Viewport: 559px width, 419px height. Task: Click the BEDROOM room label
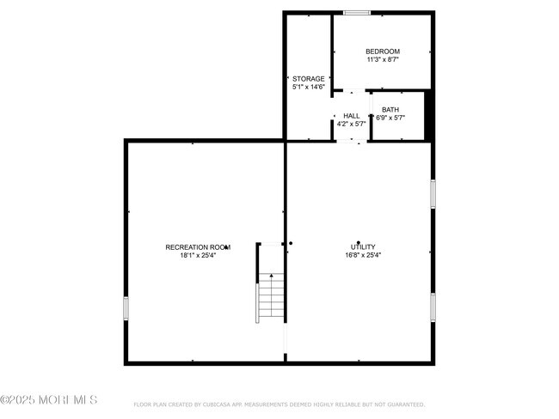click(x=383, y=52)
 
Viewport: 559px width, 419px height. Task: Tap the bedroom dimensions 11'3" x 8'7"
click(x=383, y=60)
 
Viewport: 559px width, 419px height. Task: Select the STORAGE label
click(x=309, y=79)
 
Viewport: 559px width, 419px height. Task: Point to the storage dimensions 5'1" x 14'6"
click(x=309, y=87)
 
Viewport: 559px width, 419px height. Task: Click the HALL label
click(x=351, y=116)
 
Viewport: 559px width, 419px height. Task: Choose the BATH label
click(x=390, y=110)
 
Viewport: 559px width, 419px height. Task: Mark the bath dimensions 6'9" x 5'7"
click(x=390, y=118)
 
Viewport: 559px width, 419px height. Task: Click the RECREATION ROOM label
click(x=198, y=247)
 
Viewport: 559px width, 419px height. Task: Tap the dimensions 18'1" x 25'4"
click(x=198, y=255)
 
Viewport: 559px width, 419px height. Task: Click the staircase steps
click(x=270, y=301)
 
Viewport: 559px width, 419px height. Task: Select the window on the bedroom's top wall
click(x=357, y=12)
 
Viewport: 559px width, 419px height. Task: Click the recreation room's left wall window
click(x=126, y=307)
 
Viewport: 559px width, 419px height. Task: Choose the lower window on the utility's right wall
click(x=433, y=306)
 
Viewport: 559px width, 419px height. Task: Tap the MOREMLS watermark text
click(x=49, y=400)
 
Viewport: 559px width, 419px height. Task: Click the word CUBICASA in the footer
click(x=221, y=404)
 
